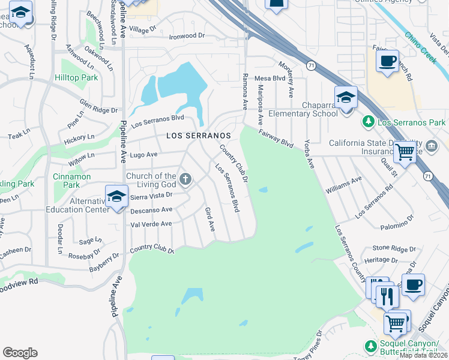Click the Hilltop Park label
pos(76,78)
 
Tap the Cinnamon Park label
pos(71,181)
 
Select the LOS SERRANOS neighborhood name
pos(198,136)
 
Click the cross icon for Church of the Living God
pos(186,178)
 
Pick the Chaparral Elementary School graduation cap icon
pos(346,97)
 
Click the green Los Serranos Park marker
pos(369,122)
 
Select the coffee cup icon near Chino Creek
pos(387,61)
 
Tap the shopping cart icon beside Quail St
pos(405,152)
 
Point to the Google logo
pos(20,353)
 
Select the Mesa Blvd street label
pos(270,78)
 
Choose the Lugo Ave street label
pos(143,154)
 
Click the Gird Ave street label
pos(209,220)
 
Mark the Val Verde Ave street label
pos(151,224)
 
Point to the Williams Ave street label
pos(344,184)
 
